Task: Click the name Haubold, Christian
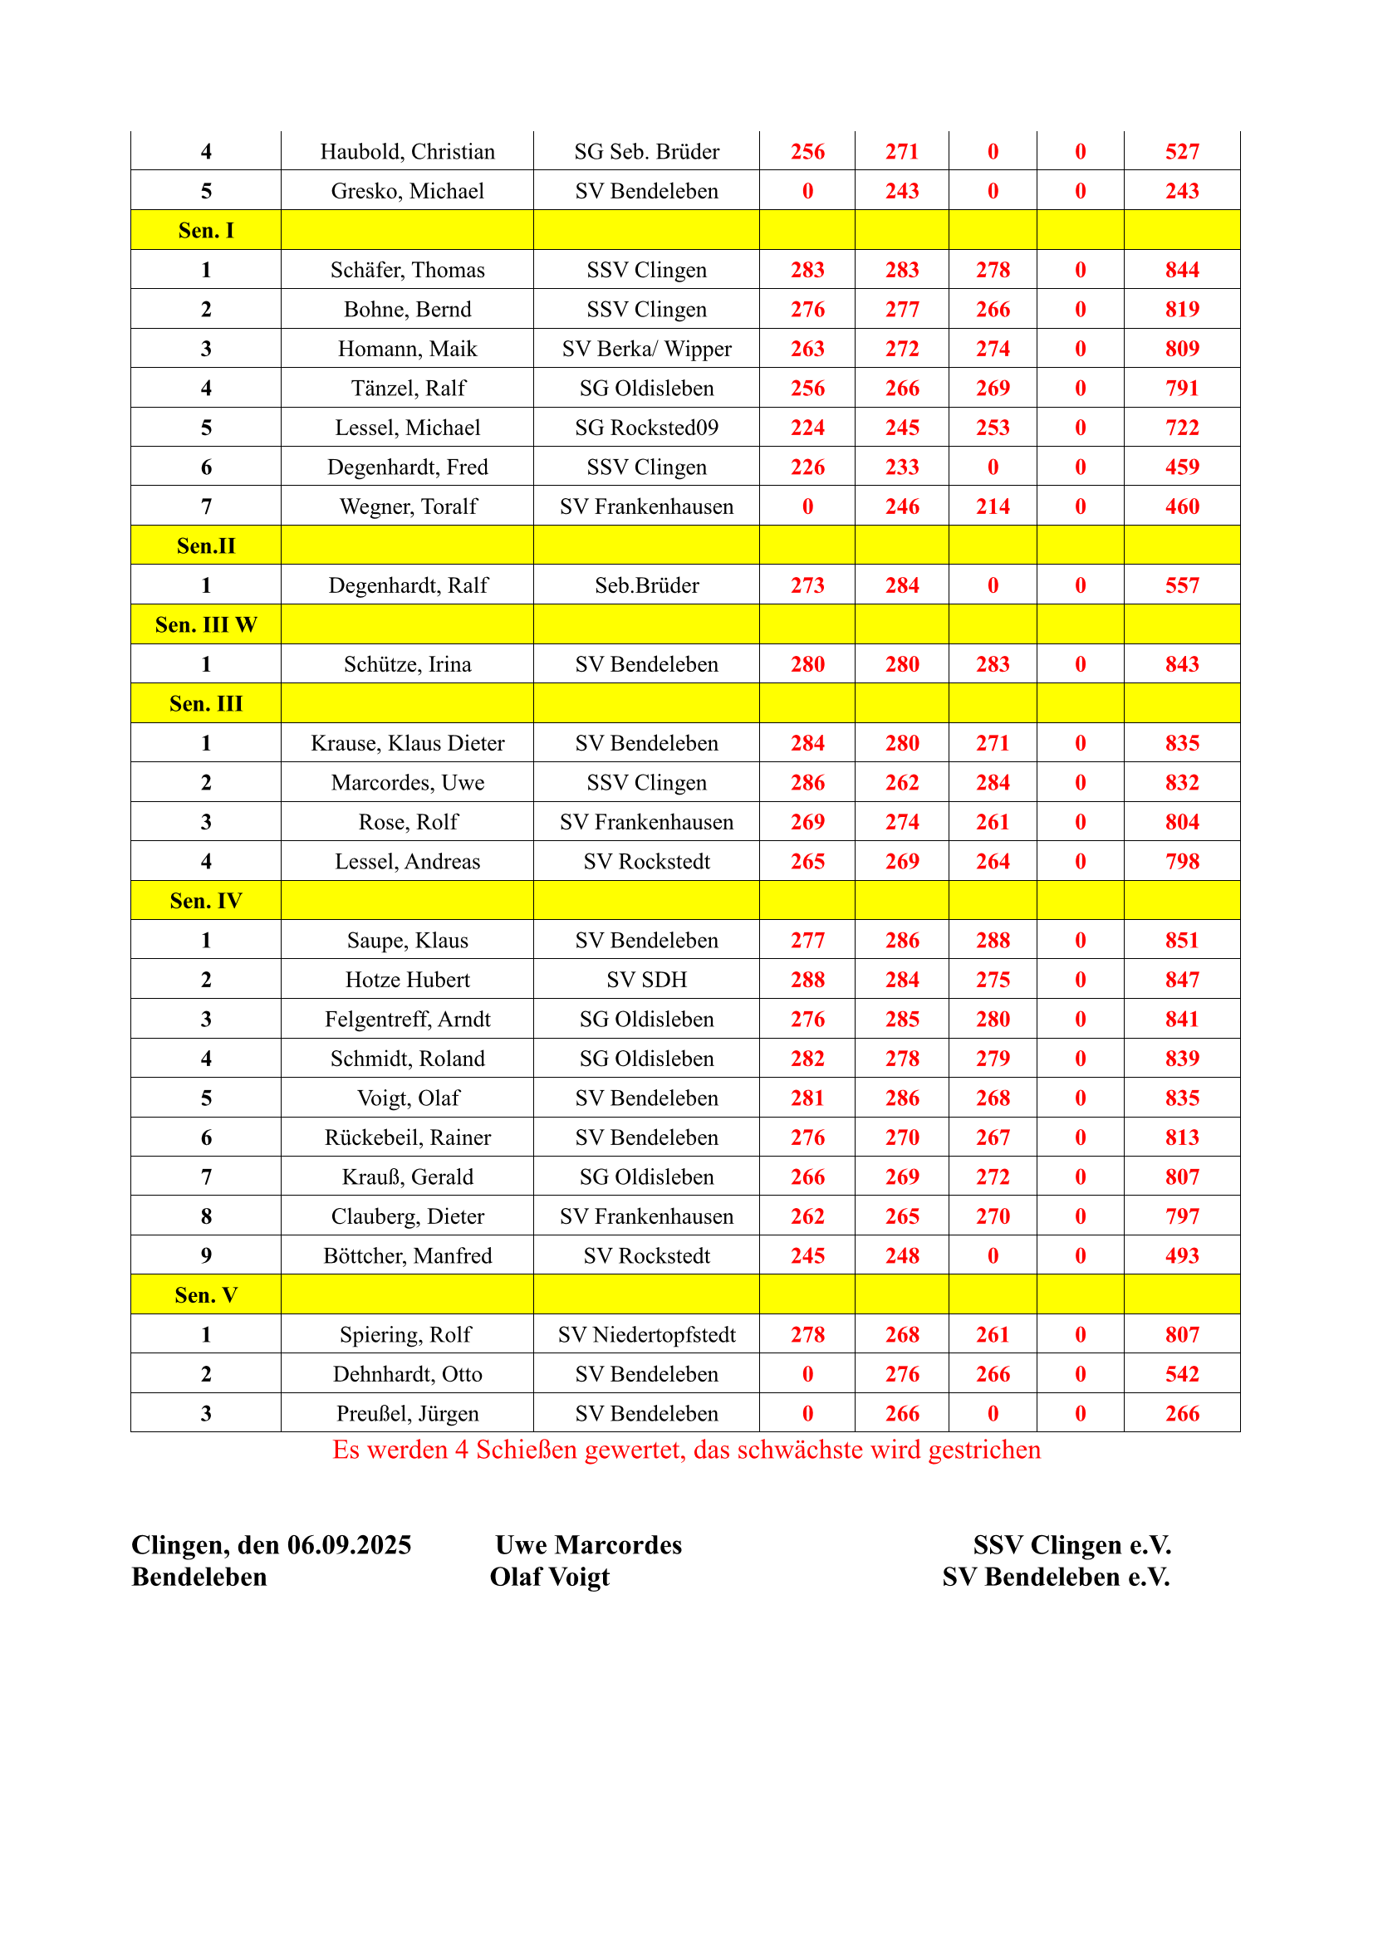point(407,151)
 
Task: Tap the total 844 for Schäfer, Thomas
point(1181,270)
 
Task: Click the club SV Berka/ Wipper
point(646,349)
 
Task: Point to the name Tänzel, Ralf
point(407,389)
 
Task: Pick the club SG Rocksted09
point(646,428)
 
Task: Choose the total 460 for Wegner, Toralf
point(1181,506)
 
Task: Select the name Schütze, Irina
point(407,664)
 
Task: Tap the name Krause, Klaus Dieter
point(407,742)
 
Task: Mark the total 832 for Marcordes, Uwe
point(1181,782)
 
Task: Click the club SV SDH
point(646,980)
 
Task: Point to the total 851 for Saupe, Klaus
point(1181,940)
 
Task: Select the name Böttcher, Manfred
point(407,1255)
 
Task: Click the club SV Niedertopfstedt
point(646,1335)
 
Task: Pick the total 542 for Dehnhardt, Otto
point(1181,1373)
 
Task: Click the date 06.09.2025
point(349,1545)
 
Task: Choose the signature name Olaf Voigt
point(549,1578)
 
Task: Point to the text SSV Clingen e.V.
point(1071,1545)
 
